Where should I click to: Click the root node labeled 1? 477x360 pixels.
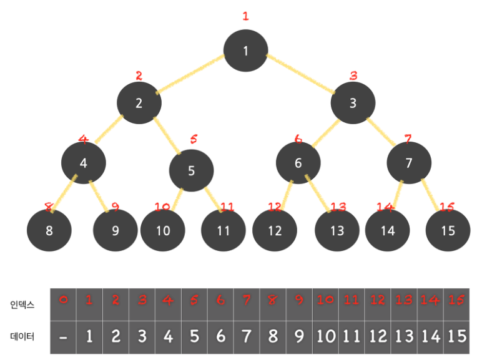point(246,51)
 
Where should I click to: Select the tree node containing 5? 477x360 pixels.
point(192,170)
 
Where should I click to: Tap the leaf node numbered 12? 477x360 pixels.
point(275,231)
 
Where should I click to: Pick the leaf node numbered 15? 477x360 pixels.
point(448,230)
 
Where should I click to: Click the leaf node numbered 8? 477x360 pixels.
point(49,230)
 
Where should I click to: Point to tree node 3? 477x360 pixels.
point(353,103)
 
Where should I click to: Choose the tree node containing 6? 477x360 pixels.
point(298,163)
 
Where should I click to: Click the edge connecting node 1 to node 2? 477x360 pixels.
point(190,75)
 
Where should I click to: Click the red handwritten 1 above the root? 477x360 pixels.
point(245,16)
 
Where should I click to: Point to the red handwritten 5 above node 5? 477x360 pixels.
point(194,139)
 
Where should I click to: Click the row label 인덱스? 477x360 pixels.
point(22,306)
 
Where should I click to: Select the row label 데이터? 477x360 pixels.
point(22,337)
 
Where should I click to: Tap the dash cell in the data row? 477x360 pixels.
point(62,338)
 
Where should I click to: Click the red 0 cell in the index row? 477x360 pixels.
point(62,300)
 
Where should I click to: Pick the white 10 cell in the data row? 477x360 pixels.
point(325,337)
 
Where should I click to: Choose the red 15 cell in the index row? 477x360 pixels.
point(456,300)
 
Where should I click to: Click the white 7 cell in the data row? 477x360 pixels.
point(246,337)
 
